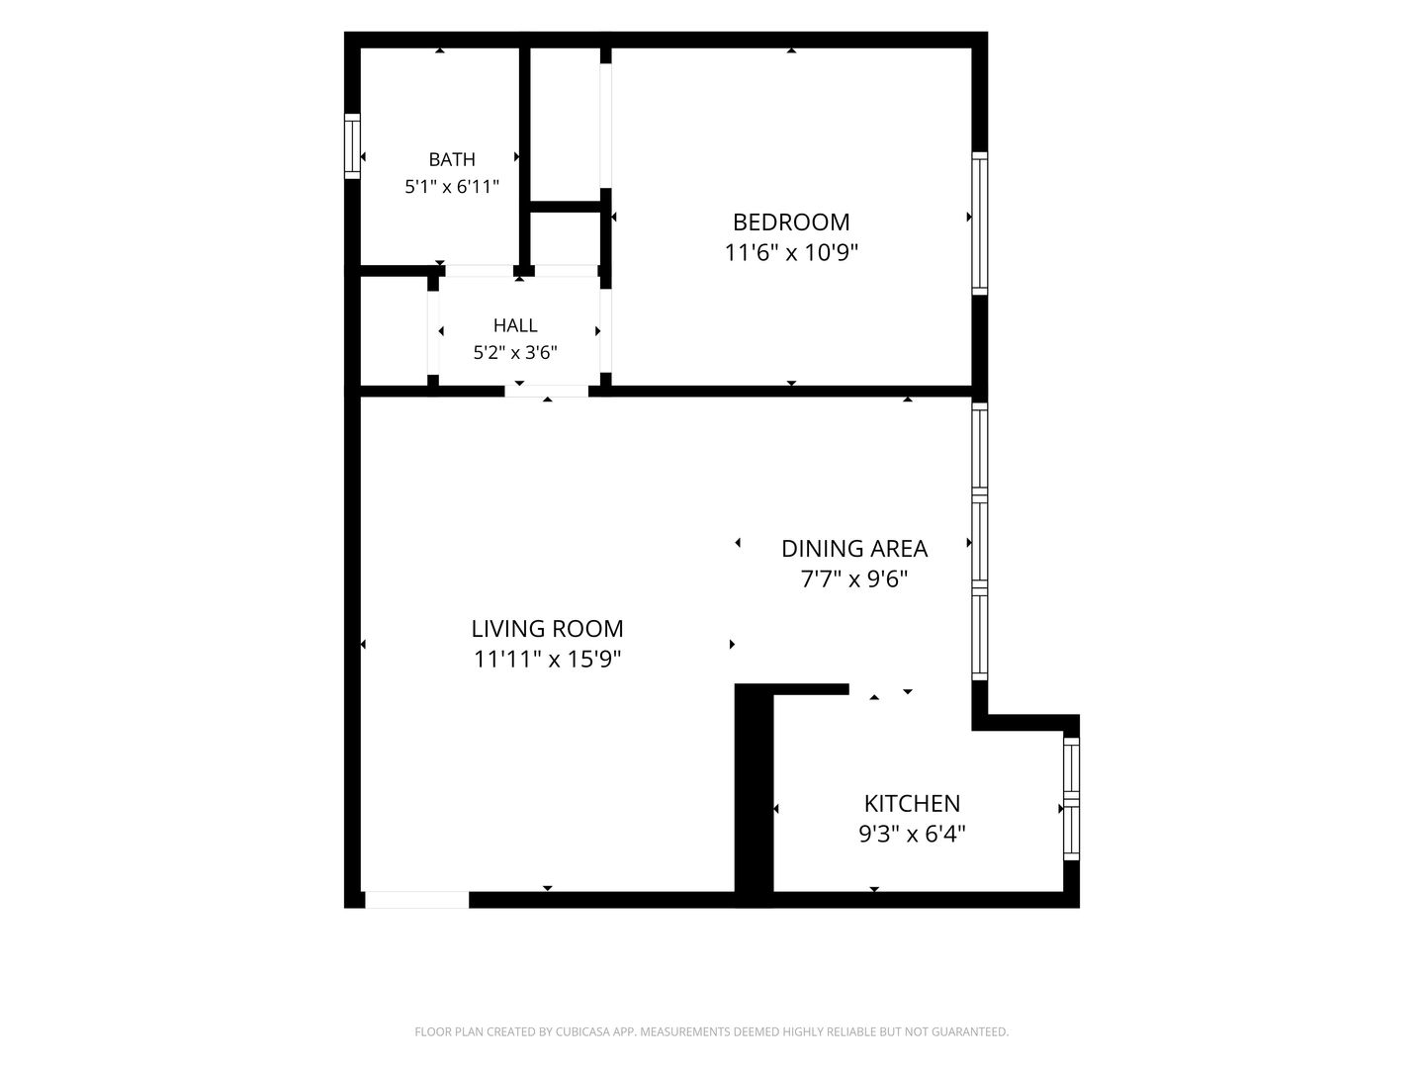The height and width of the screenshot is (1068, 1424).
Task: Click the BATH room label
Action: (452, 159)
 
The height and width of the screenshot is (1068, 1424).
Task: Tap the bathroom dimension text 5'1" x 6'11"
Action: (452, 187)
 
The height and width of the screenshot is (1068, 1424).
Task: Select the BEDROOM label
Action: (791, 222)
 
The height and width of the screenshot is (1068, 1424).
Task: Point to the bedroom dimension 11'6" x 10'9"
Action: (791, 252)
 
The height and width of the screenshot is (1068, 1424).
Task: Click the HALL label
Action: (515, 325)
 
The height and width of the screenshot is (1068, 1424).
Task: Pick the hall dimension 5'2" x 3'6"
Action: (515, 353)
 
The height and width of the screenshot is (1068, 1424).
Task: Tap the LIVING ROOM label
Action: (547, 628)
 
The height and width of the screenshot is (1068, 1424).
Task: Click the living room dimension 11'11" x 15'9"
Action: (547, 659)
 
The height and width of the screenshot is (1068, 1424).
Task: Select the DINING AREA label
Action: (853, 549)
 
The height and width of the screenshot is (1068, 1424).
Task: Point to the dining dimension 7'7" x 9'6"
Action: (853, 578)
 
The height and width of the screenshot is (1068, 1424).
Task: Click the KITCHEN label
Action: (912, 803)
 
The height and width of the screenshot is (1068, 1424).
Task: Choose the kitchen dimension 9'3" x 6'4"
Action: (912, 834)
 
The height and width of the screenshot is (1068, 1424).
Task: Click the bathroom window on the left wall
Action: (352, 146)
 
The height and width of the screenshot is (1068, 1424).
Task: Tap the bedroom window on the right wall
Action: (980, 223)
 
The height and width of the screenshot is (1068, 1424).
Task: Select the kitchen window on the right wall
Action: (1071, 798)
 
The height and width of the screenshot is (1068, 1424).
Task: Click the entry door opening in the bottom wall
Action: (416, 900)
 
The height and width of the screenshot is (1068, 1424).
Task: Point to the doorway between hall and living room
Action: (546, 391)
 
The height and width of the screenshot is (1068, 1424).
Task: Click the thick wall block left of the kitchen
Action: (754, 794)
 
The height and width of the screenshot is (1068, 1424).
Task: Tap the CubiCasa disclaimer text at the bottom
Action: (712, 1031)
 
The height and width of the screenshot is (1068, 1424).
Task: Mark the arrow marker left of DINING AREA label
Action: (738, 542)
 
